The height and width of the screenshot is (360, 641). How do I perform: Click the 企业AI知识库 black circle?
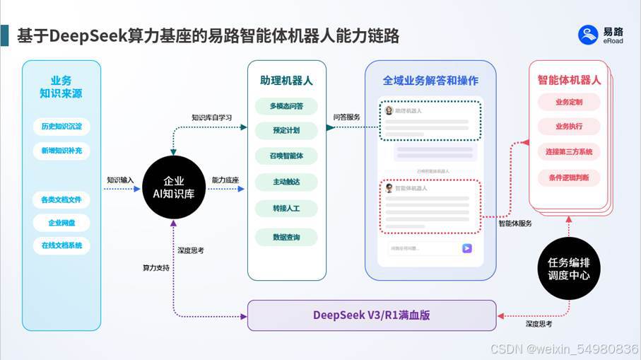174,187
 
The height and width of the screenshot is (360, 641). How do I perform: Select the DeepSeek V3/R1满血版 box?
372,315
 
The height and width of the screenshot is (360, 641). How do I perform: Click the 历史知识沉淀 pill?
61,127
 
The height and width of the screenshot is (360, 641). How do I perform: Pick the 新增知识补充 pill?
61,151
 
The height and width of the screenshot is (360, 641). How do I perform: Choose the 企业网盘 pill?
61,223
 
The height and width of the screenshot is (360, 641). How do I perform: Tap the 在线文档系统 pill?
61,246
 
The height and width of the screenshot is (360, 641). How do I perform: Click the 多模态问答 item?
286,107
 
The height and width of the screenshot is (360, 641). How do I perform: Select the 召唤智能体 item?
286,156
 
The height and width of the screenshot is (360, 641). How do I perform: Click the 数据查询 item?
286,238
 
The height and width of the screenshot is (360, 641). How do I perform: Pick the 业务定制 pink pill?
569,102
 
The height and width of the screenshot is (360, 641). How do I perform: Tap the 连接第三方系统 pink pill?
569,152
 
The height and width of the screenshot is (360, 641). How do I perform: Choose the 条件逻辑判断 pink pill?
569,177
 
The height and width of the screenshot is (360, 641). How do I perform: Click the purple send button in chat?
466,248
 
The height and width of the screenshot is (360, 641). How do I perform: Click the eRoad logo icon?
588,35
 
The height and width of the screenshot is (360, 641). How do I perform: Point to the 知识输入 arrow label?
120,180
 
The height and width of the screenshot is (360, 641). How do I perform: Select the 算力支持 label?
156,268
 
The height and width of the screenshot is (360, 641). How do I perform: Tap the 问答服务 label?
346,117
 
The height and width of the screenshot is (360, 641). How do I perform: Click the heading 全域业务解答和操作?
430,80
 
